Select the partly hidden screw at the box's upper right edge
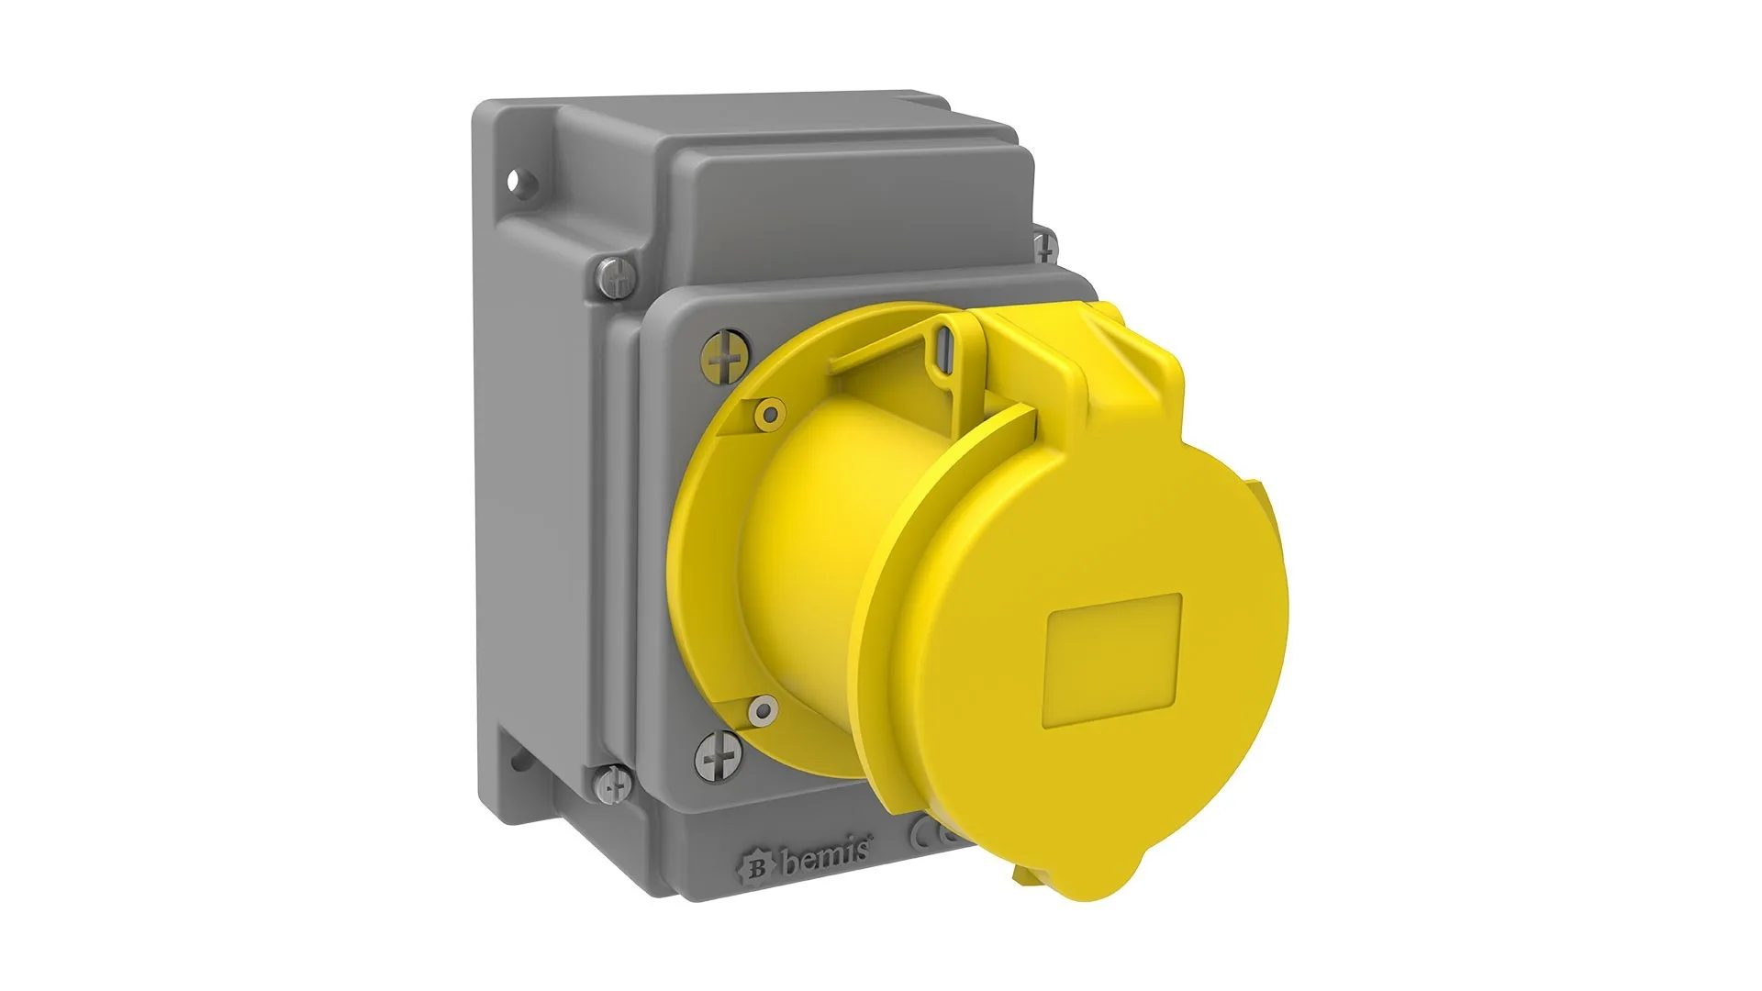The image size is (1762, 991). point(1043,246)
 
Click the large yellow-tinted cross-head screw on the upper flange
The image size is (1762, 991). point(724,356)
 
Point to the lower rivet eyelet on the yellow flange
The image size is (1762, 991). point(761,707)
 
